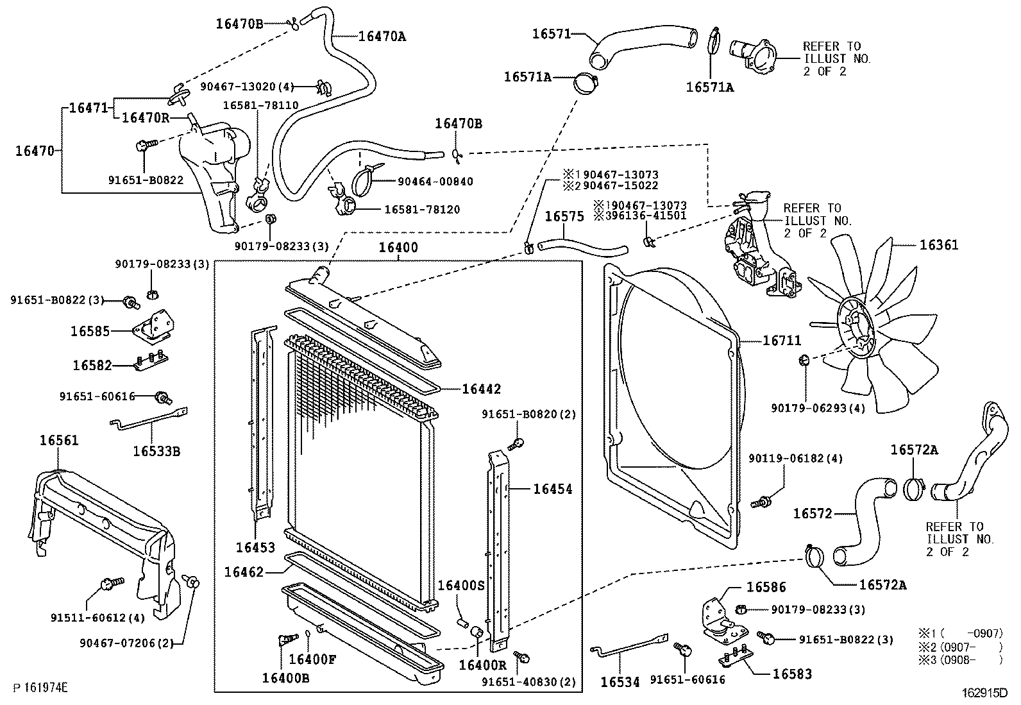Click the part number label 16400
pos(398,248)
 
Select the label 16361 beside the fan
pos(939,245)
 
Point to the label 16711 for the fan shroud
pos(781,341)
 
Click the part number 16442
pos(481,389)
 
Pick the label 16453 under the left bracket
pos(255,547)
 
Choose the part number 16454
pos(552,489)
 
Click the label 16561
pos(58,441)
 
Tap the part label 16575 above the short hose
pos(564,217)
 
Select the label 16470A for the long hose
pos(382,37)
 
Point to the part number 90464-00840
pos(435,182)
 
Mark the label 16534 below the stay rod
pos(620,683)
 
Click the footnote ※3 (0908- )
pos(959,658)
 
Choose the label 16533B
pos(156,452)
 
